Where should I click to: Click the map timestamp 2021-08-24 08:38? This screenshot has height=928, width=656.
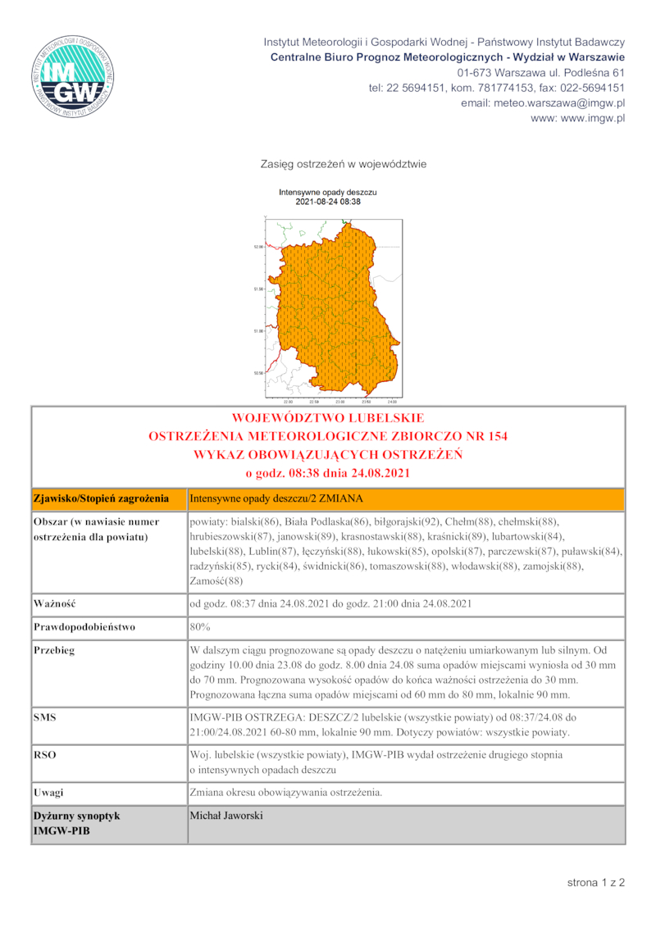(328, 201)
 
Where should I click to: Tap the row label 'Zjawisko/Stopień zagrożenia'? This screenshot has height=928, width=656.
(101, 498)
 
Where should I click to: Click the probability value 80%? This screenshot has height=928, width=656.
(200, 627)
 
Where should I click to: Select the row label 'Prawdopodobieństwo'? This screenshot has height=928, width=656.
(84, 627)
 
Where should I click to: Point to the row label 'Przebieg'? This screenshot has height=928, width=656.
(55, 650)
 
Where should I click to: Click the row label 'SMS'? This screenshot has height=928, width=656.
(45, 717)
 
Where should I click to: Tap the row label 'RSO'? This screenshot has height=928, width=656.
(45, 753)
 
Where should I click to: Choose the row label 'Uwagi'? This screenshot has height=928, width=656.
(49, 793)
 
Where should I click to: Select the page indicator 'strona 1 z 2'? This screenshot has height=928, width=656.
(596, 883)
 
